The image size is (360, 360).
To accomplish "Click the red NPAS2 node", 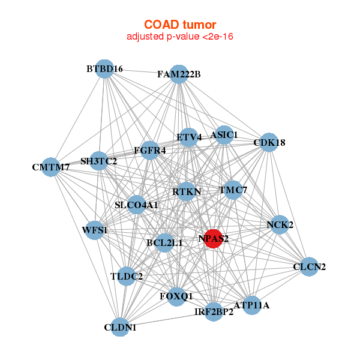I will [x=214, y=238].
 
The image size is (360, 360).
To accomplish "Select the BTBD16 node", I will [x=104, y=69].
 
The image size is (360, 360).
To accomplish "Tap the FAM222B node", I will [x=179, y=74].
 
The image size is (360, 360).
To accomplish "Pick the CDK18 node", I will [x=269, y=143].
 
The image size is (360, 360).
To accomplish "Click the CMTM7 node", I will [x=50, y=167].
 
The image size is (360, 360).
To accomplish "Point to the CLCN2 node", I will [x=309, y=266].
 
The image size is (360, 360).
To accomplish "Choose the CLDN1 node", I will [x=121, y=327].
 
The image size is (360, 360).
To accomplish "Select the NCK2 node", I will [x=280, y=225].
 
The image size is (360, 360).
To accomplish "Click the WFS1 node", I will [x=94, y=230].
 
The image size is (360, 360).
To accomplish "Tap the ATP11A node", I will [x=251, y=305].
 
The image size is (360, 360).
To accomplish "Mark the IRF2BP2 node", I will [x=214, y=311].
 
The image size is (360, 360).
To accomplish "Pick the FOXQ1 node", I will [x=176, y=296].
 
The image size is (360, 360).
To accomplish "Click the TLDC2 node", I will [x=127, y=277].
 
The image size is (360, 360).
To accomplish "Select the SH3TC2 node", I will [x=99, y=161].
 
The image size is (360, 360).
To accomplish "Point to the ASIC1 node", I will [x=224, y=135].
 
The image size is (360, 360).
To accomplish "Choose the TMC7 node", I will [x=232, y=190].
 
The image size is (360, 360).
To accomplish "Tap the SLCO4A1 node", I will [x=136, y=205].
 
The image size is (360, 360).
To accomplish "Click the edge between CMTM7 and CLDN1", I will [x=85, y=246].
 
